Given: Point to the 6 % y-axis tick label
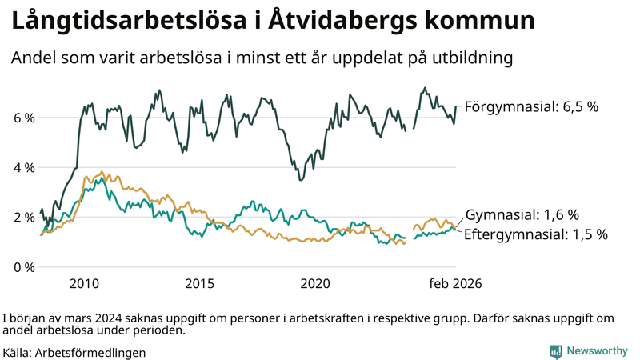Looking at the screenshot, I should (x=23, y=118).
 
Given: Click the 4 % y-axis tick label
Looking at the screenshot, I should (x=23, y=167).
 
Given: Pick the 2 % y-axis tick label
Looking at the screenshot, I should (x=23, y=217).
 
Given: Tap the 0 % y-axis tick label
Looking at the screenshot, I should (x=23, y=266).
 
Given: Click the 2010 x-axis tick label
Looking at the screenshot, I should (x=84, y=283).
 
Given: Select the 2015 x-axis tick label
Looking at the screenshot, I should (x=199, y=283).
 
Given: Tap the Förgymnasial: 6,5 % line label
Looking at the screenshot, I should (x=531, y=106).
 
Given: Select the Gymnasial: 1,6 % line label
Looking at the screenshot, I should (x=522, y=214).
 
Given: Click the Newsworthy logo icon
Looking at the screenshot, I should (x=555, y=351).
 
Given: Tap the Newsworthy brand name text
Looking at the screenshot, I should (x=598, y=351).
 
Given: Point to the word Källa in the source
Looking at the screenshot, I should (x=18, y=352).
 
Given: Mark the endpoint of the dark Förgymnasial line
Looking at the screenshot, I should (x=456, y=106).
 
